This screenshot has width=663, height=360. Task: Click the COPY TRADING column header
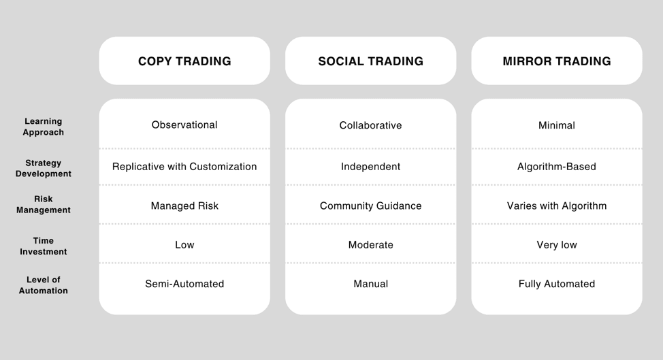click(184, 61)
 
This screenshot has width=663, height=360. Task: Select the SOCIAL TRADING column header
click(370, 61)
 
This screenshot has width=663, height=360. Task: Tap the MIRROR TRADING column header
click(556, 61)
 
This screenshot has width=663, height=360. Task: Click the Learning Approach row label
click(43, 127)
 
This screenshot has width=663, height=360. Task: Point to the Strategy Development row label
click(43, 168)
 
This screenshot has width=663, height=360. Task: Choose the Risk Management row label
click(43, 205)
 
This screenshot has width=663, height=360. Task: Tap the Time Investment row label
click(43, 246)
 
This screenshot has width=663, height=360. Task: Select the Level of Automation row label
click(43, 285)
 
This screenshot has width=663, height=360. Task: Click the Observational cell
click(184, 125)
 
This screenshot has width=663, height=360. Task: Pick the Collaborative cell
click(370, 125)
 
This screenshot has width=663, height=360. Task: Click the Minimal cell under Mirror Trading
click(556, 125)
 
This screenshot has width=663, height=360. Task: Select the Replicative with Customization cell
click(184, 167)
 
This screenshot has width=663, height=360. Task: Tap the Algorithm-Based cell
click(556, 167)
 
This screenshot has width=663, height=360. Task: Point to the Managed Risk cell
click(184, 206)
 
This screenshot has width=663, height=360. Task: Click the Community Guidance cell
click(370, 206)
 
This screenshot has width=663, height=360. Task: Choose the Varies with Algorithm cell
click(556, 206)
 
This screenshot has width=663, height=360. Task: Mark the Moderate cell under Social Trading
click(370, 245)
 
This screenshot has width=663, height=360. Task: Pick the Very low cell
click(556, 245)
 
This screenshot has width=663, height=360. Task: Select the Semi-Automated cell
click(184, 284)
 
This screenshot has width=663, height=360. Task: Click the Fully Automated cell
click(556, 284)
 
